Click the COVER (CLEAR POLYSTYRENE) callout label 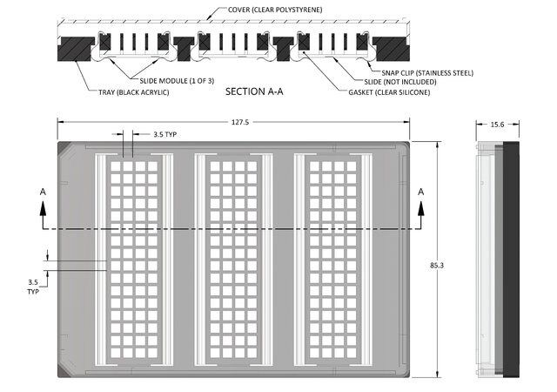point(275,10)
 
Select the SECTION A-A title point(254,91)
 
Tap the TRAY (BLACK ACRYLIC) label point(133,92)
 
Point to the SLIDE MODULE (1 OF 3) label point(177,81)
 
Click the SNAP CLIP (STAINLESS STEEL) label point(427,73)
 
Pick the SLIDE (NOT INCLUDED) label point(400,82)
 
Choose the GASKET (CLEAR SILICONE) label point(389,92)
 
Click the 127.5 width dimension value point(240,122)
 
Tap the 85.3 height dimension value point(437,265)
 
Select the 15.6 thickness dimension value point(497,125)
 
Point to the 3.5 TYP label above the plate point(164,134)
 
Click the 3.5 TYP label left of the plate point(33,287)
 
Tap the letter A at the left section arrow point(43,192)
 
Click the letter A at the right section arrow point(421,192)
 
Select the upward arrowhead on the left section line point(43,208)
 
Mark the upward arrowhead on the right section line point(421,208)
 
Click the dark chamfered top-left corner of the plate point(63,146)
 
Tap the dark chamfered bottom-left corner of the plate point(63,372)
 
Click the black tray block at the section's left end point(75,49)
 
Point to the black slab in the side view point(511,260)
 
